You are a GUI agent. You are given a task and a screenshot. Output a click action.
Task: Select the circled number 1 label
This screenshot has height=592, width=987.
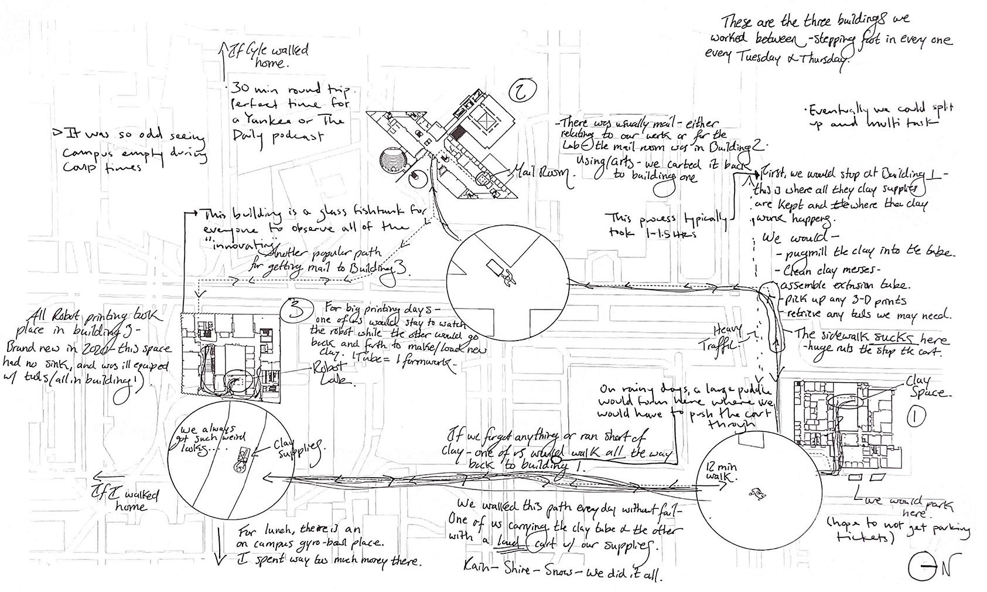pos(916,417)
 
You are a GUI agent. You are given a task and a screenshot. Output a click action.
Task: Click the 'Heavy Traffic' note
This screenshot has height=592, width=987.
pos(726,339)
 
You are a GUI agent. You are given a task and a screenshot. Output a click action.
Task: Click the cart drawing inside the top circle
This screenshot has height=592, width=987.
pos(501,273)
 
